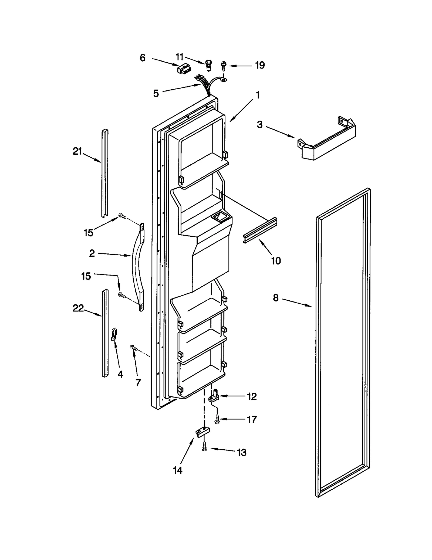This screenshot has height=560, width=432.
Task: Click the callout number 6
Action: pos(143,58)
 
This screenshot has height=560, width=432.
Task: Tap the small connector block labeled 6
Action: pos(182,69)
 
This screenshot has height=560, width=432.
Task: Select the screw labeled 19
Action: pos(223,66)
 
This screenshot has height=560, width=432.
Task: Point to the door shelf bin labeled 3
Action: pos(327,140)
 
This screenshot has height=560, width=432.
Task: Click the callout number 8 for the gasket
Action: pos(275,298)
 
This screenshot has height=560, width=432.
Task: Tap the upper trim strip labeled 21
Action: pos(105,173)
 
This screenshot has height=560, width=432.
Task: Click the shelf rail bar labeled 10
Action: pos(260,231)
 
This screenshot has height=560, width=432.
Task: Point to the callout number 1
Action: pos(258,95)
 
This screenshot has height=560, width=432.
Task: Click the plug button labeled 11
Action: pos(208,65)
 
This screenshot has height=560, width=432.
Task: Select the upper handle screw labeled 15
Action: pos(122,216)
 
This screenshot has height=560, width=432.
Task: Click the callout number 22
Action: pos(78,308)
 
